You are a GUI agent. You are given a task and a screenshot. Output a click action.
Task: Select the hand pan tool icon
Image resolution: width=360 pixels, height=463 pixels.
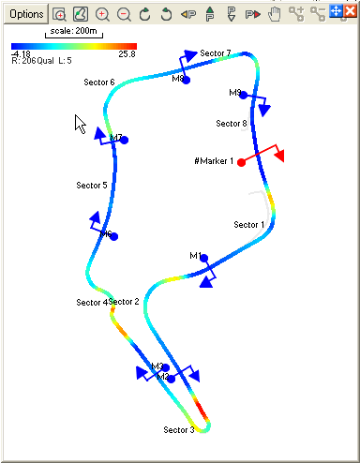click(275, 15)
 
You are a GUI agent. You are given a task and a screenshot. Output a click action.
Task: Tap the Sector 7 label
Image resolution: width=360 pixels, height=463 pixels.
click(215, 53)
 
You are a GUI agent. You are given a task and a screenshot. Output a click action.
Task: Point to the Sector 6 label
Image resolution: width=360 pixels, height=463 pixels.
click(99, 82)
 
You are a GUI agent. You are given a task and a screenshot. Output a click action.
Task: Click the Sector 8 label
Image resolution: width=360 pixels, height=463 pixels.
click(231, 124)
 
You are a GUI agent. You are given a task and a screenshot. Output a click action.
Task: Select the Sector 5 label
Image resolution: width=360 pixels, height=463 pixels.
click(91, 186)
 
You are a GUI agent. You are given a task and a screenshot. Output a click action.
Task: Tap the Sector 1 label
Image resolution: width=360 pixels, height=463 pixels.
click(248, 225)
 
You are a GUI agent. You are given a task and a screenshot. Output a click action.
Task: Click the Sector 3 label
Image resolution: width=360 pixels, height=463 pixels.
click(178, 430)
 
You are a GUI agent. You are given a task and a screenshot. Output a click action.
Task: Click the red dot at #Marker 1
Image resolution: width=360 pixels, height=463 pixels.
click(242, 162)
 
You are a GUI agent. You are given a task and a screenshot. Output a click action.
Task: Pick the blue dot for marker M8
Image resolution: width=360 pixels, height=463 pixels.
click(187, 81)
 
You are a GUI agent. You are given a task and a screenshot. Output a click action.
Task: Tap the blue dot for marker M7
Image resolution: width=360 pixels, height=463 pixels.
click(124, 141)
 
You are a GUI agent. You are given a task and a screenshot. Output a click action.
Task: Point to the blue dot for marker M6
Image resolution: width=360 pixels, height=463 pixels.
click(113, 237)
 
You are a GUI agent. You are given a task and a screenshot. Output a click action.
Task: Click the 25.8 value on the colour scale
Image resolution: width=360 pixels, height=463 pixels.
click(128, 54)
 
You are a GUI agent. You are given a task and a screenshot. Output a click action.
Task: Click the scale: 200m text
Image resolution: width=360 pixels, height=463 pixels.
click(72, 30)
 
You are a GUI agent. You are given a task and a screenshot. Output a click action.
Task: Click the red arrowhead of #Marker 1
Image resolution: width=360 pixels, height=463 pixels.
click(279, 155)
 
